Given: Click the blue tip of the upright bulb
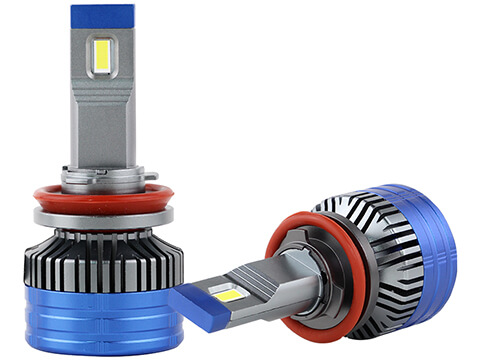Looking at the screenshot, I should point(102,16).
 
